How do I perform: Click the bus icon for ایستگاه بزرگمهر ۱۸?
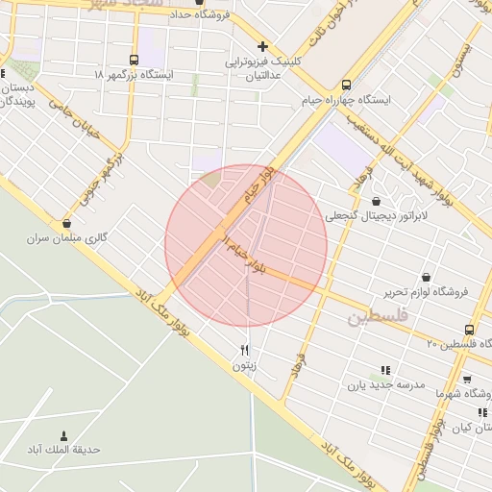tap(134, 58)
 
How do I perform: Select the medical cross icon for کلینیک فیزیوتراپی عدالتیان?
tap(262, 46)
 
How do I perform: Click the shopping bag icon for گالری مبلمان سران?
tap(66, 223)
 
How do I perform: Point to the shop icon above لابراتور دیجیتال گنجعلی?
tap(375, 202)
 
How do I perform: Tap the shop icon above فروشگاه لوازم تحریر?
tap(426, 277)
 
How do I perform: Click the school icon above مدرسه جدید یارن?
tap(385, 369)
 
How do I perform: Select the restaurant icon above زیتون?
tap(244, 350)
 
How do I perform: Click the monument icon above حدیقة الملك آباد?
tap(64, 435)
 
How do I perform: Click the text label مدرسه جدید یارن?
tap(385, 384)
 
